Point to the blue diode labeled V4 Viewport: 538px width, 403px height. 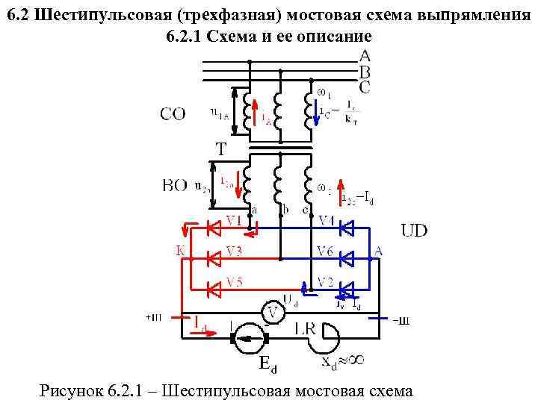coord(346,228)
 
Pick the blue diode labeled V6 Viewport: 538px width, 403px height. coord(346,258)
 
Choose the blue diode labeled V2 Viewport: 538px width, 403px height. coord(346,288)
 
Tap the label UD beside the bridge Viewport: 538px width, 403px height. coord(415,230)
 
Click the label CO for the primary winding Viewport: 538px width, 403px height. coord(173,114)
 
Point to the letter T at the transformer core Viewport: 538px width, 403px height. coord(221,149)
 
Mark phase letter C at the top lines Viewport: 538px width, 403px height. coord(365,87)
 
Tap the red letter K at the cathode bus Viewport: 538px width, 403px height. coord(180,252)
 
